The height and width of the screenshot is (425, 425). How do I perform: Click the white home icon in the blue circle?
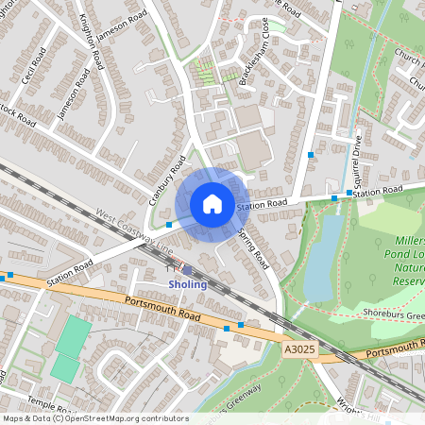[x=212, y=202]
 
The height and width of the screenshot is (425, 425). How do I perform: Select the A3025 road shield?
[x=297, y=348]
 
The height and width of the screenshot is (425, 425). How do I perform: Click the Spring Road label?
[x=254, y=248]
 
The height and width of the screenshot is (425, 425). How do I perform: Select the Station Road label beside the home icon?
[x=262, y=205]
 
